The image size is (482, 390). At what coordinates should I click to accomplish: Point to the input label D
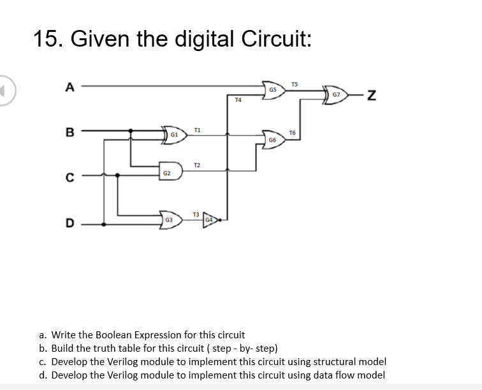pos(71,223)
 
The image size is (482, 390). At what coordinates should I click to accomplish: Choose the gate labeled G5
pos(273,91)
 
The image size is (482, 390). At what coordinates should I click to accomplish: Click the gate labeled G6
pos(273,139)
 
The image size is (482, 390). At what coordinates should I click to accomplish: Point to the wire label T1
pos(198,130)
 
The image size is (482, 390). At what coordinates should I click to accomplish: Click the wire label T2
pos(197,165)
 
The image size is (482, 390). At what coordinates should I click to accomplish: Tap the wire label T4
pos(237,100)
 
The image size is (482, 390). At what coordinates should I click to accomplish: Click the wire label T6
pos(292,133)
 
